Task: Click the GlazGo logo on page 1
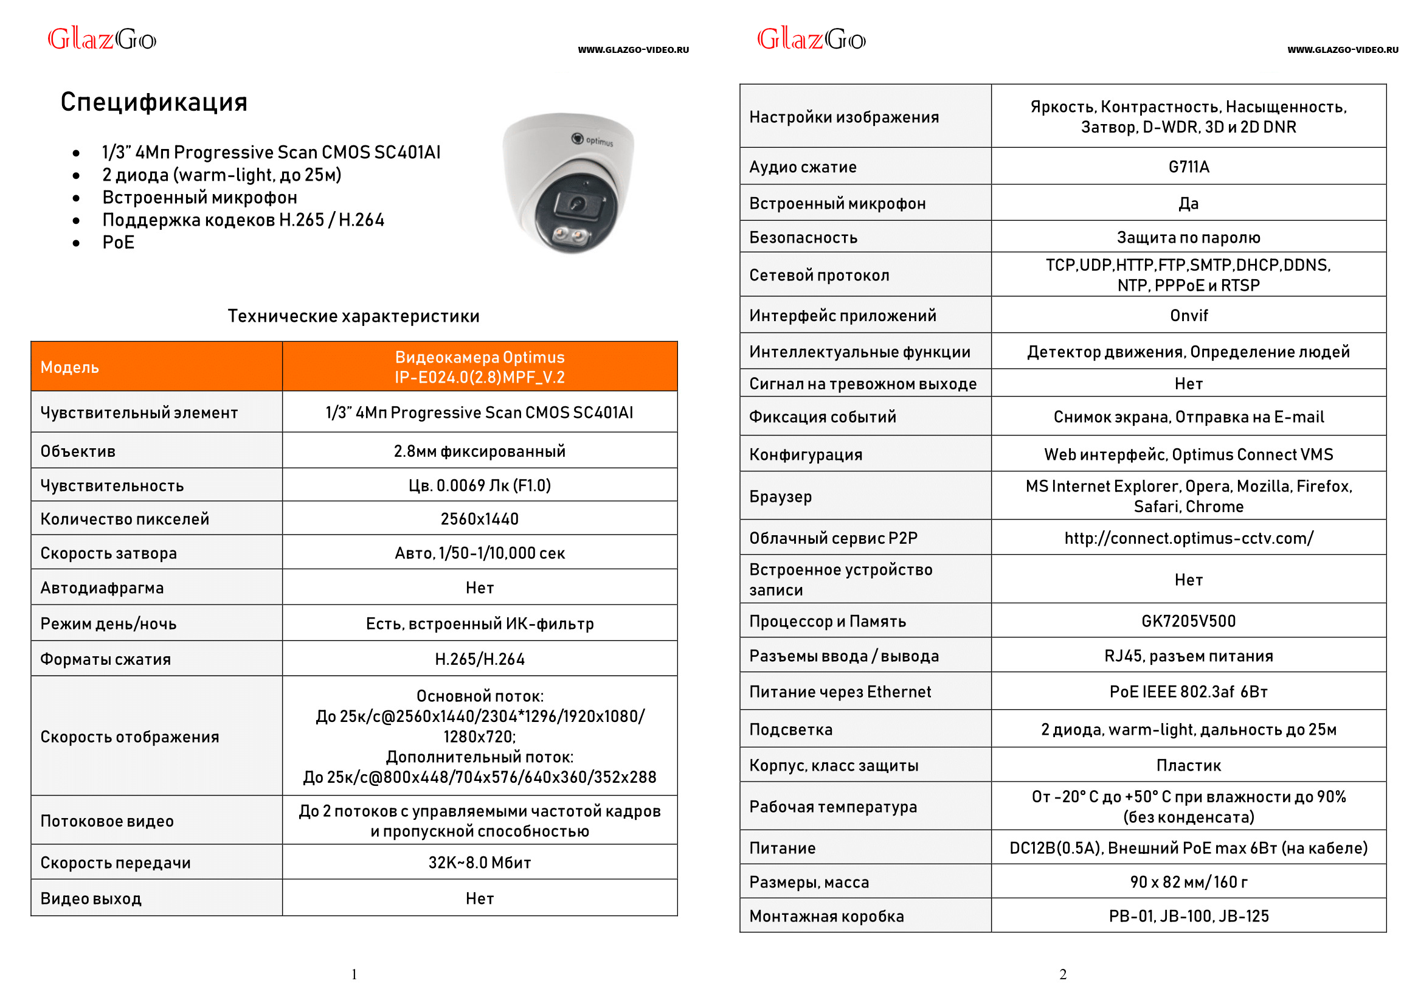tap(102, 40)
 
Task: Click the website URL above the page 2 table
tap(1342, 50)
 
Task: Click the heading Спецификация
tap(154, 102)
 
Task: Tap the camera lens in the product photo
tap(576, 204)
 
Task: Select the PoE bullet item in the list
tap(119, 242)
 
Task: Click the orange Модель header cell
tap(156, 367)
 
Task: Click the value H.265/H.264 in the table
tap(479, 659)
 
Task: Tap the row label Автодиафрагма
tap(102, 588)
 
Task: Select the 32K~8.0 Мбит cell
tap(479, 862)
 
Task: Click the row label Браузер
tap(780, 496)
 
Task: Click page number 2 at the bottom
tap(1062, 974)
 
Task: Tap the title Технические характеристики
tap(353, 316)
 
